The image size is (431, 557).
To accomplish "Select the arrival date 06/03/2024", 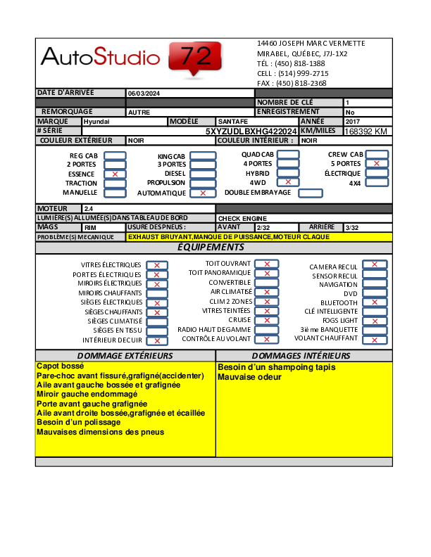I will (144, 93).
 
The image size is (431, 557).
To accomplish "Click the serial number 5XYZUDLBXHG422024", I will (251, 131).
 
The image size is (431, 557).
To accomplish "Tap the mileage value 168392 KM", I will (366, 131).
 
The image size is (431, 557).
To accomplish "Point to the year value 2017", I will (352, 121).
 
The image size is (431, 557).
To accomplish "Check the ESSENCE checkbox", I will (115, 174).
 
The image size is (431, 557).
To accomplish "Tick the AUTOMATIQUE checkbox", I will (203, 193).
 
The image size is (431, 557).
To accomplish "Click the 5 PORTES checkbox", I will (377, 164).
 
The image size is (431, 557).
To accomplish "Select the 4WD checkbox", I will (288, 181).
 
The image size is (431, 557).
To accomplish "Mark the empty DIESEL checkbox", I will (203, 174).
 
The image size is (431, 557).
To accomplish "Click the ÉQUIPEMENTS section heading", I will (211, 247).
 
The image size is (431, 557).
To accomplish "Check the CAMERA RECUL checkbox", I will (375, 265).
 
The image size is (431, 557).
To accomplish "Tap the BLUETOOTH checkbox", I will (375, 302).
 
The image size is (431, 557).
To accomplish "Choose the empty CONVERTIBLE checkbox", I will (267, 282).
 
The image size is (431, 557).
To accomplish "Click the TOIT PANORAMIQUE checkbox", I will (267, 273).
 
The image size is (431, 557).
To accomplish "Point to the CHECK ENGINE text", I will (237, 218).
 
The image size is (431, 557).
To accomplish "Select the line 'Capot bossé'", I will (61, 366).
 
